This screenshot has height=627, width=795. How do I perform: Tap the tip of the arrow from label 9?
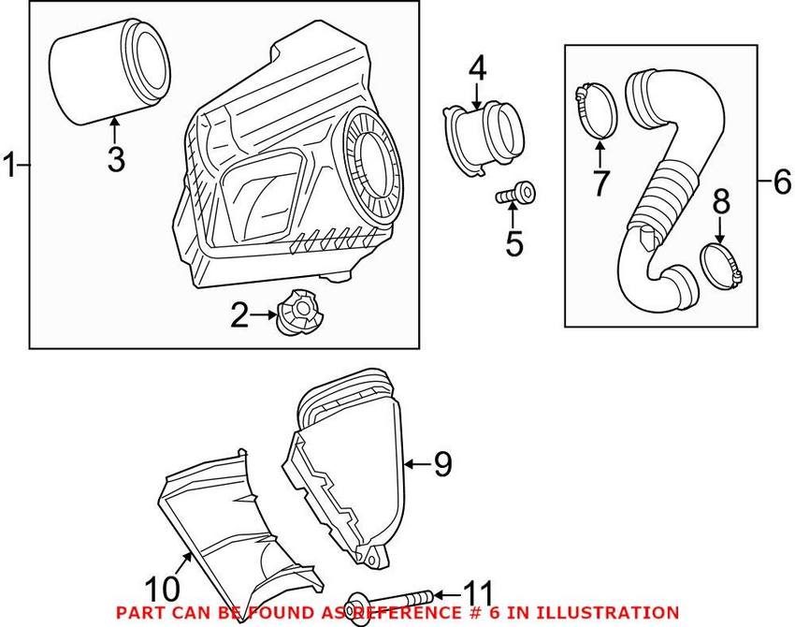tap(404, 463)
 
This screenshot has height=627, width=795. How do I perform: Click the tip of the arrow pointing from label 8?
tap(719, 243)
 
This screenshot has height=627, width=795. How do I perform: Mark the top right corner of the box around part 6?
tap(758, 45)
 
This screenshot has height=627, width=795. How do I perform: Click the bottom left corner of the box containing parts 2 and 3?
tap(29, 348)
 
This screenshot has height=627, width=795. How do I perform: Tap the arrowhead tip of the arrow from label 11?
tap(433, 594)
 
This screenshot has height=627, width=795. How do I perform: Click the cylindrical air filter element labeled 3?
tap(109, 70)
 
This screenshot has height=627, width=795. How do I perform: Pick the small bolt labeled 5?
tap(515, 193)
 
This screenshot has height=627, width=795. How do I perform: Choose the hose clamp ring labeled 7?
tap(597, 110)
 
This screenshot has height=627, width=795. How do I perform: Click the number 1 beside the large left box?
tap(9, 166)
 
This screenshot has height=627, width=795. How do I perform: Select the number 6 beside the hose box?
tap(782, 182)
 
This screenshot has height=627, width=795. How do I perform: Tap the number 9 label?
tap(442, 463)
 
